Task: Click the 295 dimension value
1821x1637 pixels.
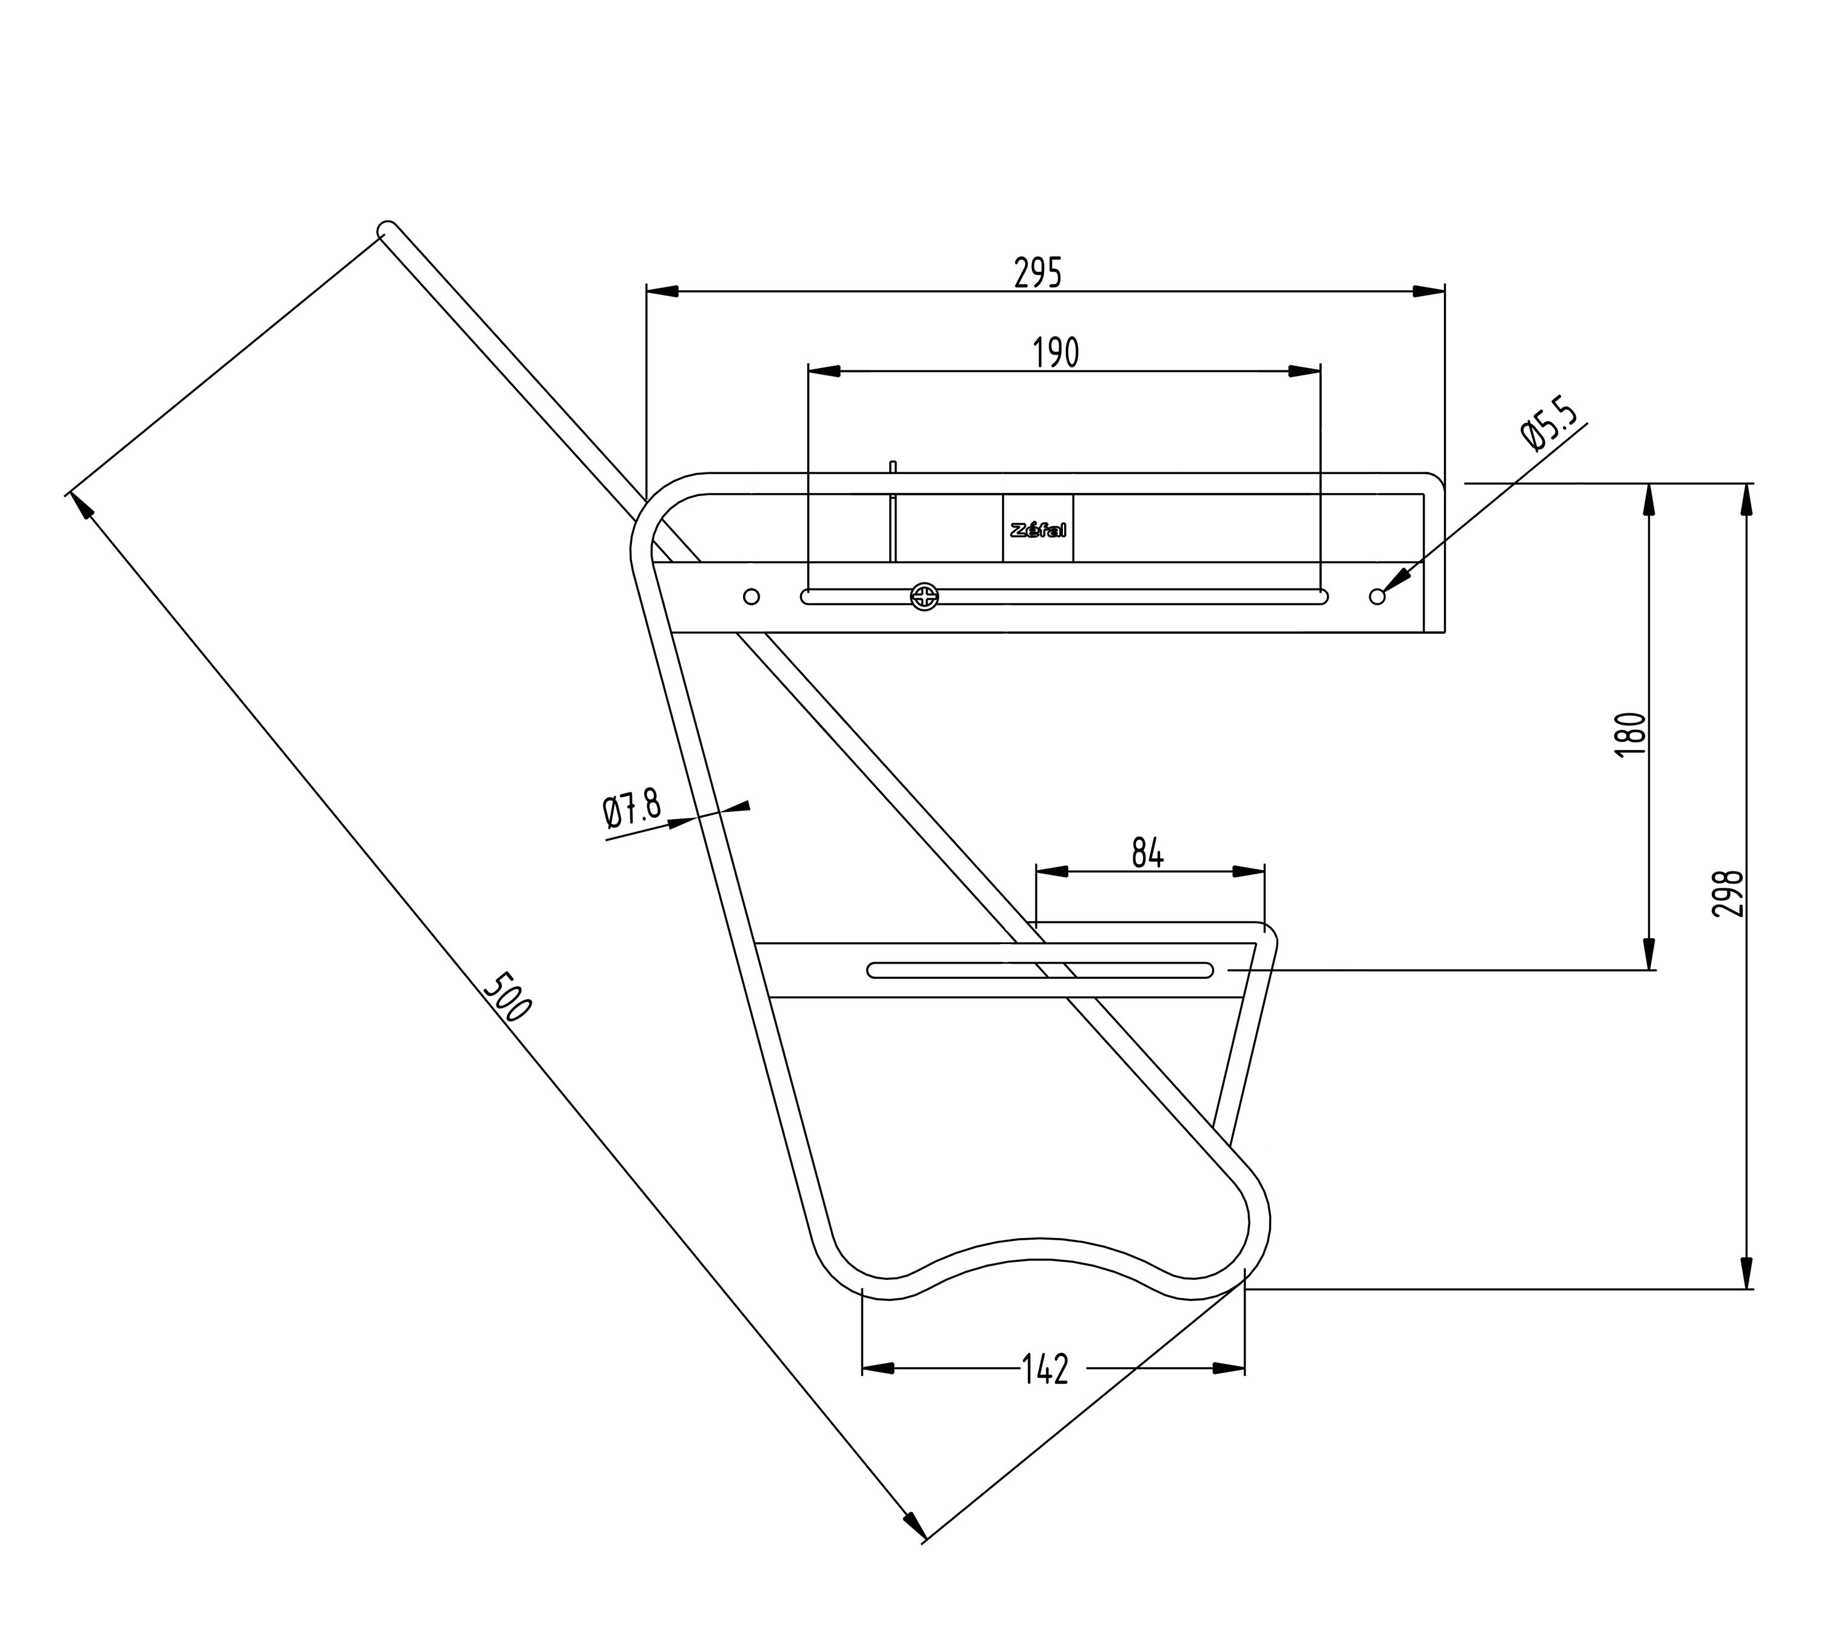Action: click(1038, 273)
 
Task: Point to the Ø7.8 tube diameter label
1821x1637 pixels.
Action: click(631, 809)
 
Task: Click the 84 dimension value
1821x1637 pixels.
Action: click(1147, 852)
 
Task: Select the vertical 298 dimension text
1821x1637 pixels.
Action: click(1728, 892)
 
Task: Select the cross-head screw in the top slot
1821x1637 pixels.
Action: click(924, 596)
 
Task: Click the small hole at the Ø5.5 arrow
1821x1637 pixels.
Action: click(1377, 596)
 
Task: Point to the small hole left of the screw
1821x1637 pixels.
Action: click(752, 596)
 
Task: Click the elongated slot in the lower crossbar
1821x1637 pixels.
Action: click(1040, 970)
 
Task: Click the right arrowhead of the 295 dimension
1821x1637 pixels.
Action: click(1429, 291)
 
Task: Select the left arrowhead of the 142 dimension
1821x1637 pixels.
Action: click(878, 1368)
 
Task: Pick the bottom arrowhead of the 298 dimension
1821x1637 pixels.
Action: click(1746, 1273)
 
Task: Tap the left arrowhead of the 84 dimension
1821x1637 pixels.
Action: click(1051, 871)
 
